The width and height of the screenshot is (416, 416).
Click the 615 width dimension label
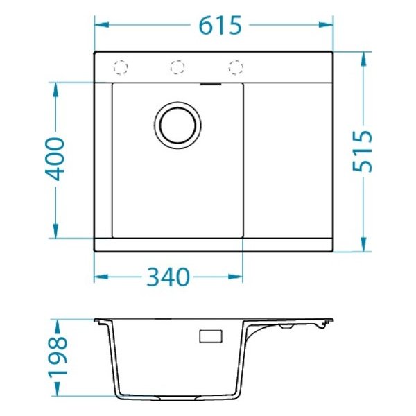(220, 25)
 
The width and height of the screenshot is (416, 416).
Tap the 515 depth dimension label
(363, 151)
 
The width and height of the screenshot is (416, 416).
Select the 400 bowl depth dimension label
(55, 159)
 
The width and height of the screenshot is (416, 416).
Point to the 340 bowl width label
(168, 277)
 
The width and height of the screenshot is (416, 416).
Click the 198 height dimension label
(58, 356)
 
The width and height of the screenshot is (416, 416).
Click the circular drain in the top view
(177, 125)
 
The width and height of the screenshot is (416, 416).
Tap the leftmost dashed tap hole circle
(121, 67)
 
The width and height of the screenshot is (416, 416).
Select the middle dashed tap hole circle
(177, 67)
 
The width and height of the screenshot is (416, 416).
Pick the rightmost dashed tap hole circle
(236, 67)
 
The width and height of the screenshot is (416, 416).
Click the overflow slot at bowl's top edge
(211, 84)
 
